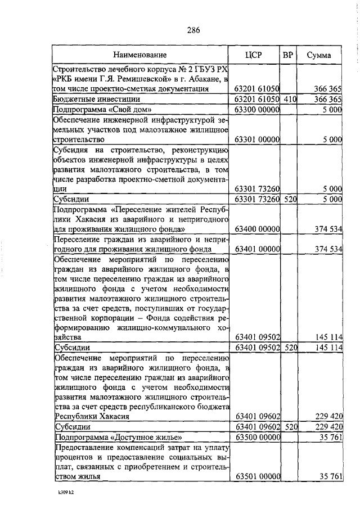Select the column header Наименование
tap(140, 55)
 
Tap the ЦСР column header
tap(256, 55)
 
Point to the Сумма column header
tap(318, 55)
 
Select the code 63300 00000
tap(257, 109)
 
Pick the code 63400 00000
tap(257, 229)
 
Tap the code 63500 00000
tap(257, 437)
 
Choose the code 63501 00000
tap(257, 477)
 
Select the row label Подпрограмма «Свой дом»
tap(102, 109)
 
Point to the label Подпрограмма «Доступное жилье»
tap(118, 437)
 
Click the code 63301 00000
tap(257, 139)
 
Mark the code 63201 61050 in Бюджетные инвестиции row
tap(257, 99)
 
